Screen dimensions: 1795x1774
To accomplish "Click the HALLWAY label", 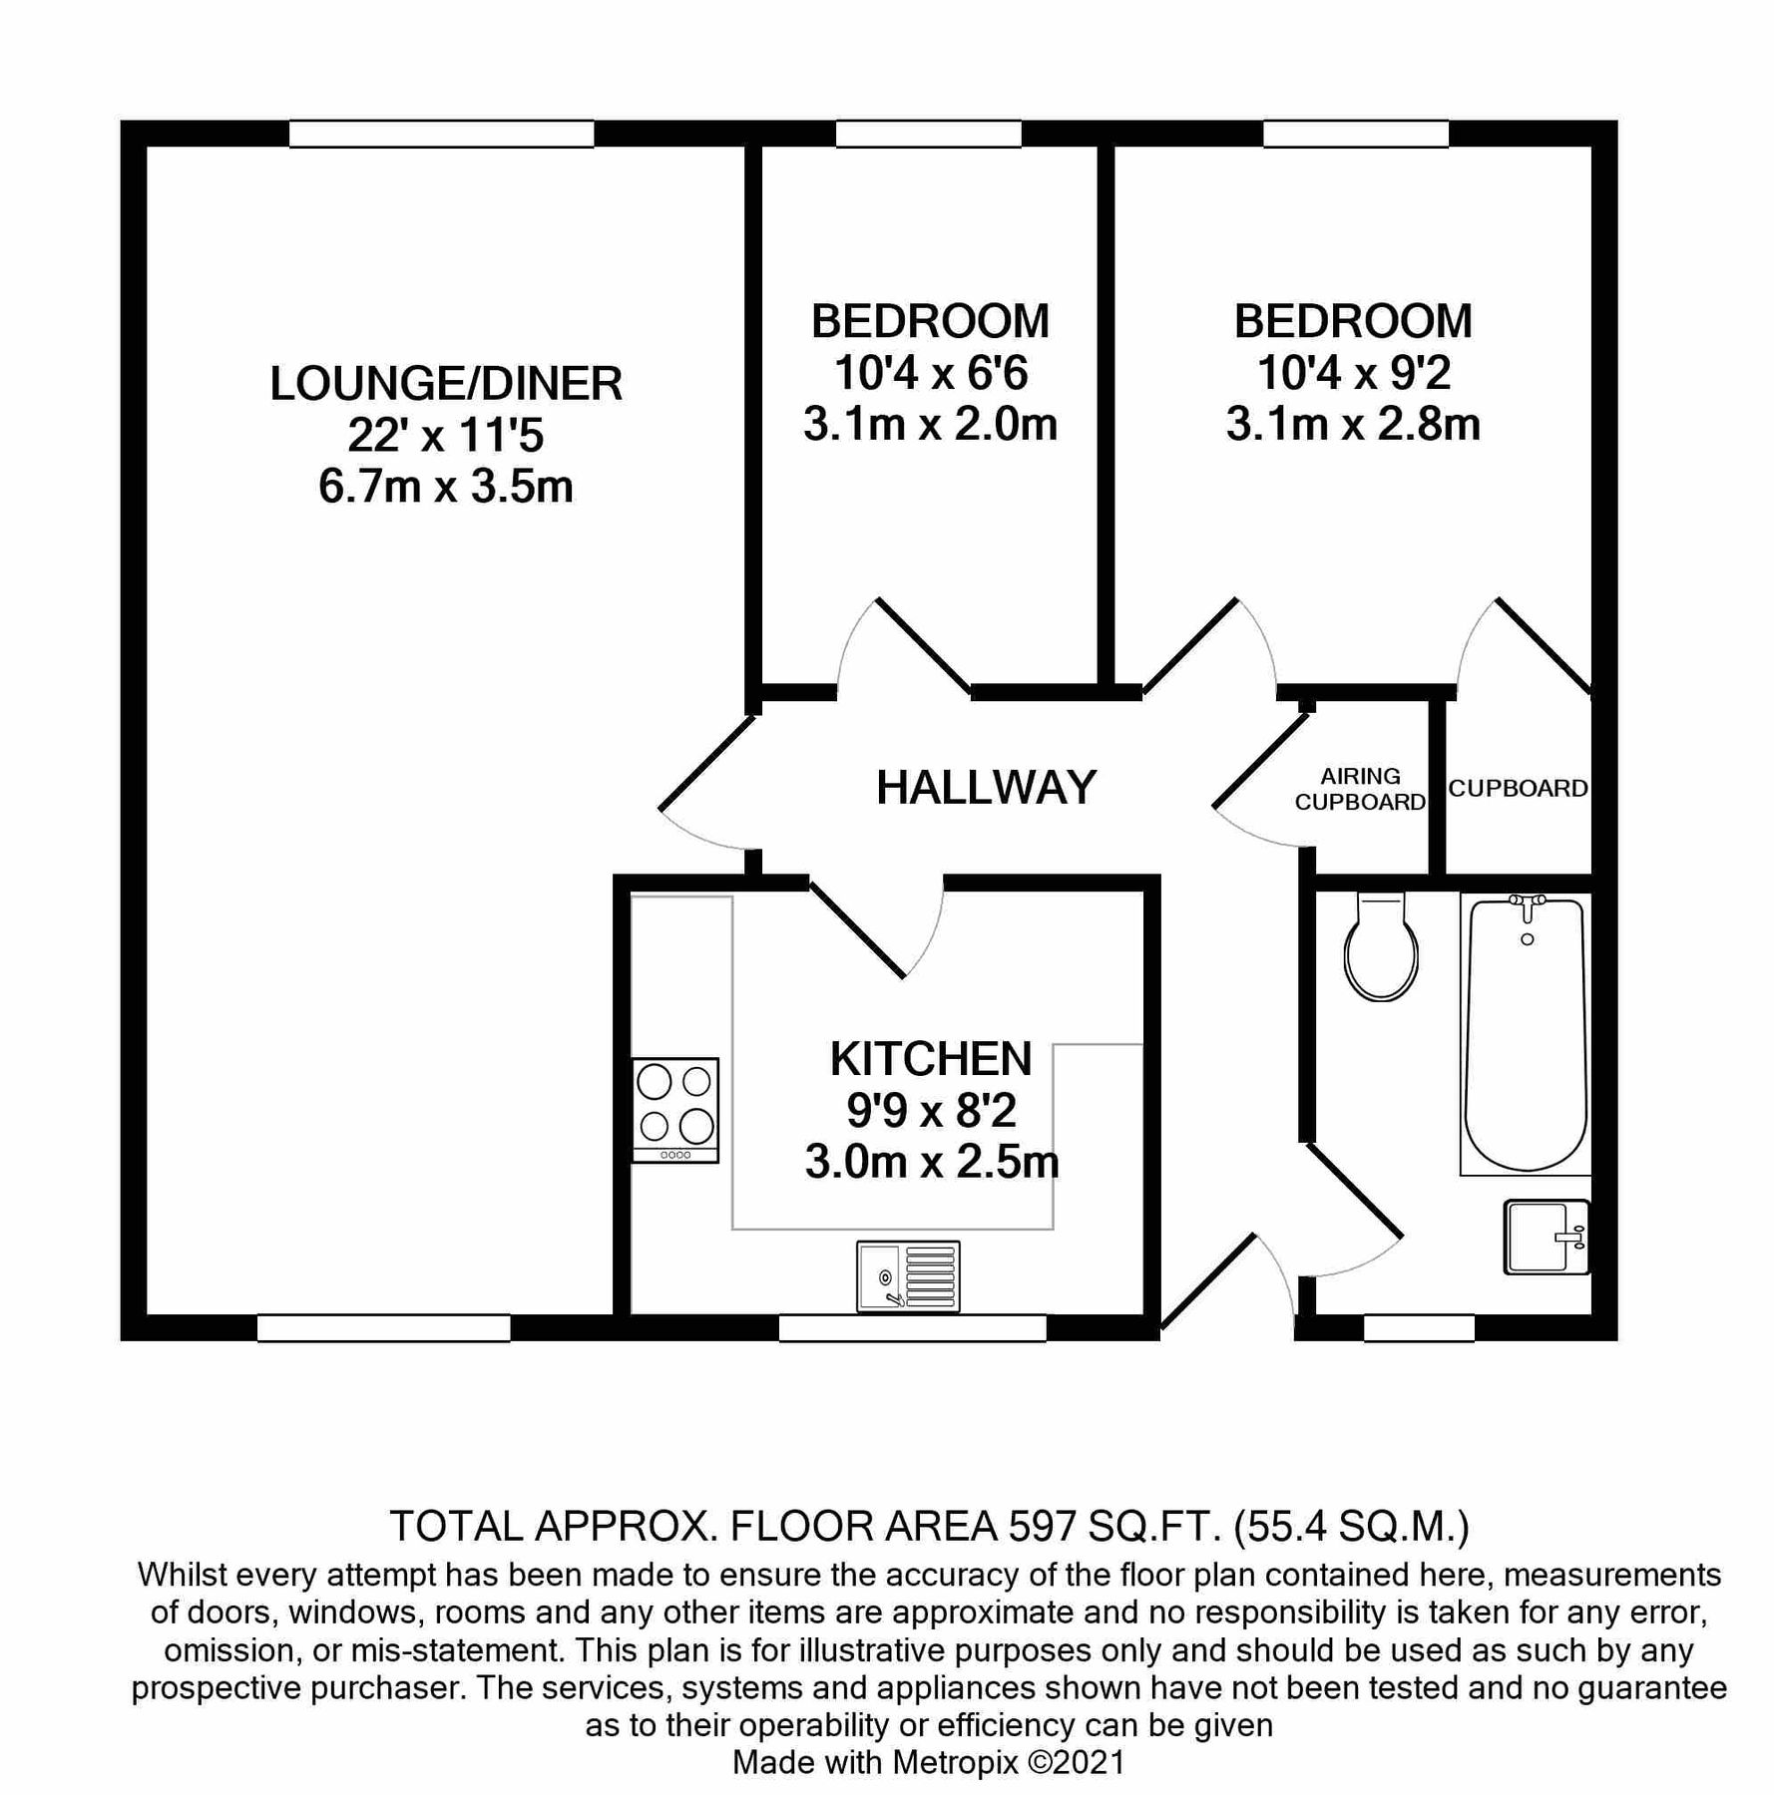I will tap(986, 788).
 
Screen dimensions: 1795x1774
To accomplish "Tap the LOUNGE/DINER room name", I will tap(446, 384).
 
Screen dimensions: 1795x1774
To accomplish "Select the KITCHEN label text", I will tap(931, 1059).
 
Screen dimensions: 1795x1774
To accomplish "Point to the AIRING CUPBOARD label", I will tap(1360, 789).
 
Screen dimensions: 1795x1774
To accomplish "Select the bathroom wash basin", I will tap(1546, 1237).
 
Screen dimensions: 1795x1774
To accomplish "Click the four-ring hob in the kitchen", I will tap(675, 1109).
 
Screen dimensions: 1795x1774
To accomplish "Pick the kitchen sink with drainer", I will tap(908, 1276).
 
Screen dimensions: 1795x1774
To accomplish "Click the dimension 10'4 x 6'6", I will tap(931, 373).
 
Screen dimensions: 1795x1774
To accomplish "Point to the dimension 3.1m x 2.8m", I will tap(1353, 425).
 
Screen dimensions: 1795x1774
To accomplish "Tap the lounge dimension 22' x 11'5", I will tap(446, 436).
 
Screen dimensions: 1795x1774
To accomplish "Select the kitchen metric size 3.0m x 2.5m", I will tap(931, 1163).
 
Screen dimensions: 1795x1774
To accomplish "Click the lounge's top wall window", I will tap(442, 134).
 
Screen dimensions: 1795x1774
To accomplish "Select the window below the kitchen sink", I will tap(912, 1327).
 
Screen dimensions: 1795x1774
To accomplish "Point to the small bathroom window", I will tap(1419, 1327).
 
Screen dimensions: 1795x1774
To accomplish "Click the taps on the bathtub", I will tap(1527, 903).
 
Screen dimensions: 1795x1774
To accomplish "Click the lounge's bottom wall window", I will tap(384, 1327).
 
